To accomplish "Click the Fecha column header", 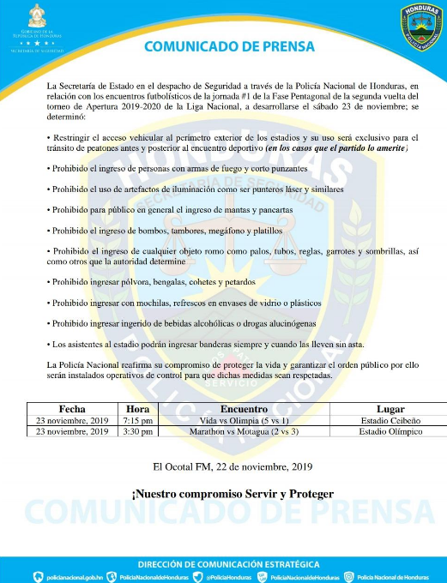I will [x=70, y=408].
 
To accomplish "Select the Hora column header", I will [x=137, y=408].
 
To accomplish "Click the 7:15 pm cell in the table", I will [x=137, y=420].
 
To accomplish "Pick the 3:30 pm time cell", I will [x=137, y=431].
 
